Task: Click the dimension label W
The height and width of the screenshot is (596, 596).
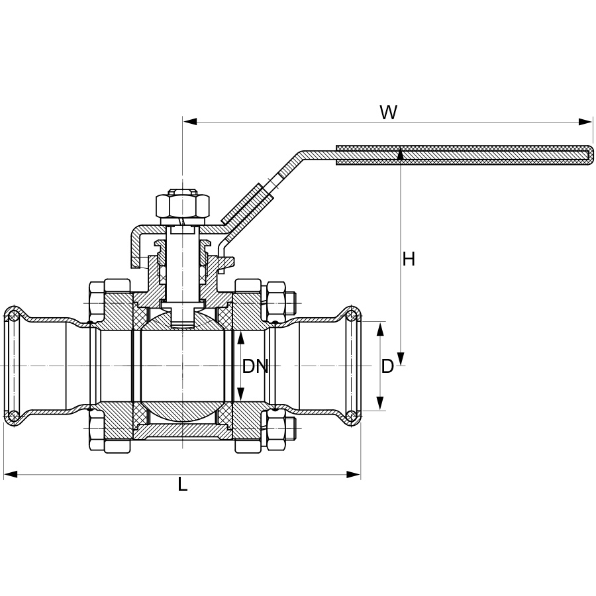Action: coord(389,113)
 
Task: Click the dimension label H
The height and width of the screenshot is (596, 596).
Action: coord(409,259)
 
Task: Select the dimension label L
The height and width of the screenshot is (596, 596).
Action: coord(183,485)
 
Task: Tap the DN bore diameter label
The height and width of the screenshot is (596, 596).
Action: coord(256,366)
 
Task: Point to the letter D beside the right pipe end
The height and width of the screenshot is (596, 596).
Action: coord(387,366)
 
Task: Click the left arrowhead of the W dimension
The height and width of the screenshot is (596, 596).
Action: coord(190,122)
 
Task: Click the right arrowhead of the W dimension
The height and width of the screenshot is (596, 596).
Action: coord(585,122)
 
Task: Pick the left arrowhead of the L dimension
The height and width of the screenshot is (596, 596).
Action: coord(11,474)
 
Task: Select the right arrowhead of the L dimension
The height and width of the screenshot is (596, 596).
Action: coord(354,474)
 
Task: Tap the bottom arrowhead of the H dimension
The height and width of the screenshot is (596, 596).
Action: coord(401,358)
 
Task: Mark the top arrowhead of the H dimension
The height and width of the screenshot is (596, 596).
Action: coord(401,155)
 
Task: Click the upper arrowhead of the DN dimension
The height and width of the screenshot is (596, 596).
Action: coord(240,338)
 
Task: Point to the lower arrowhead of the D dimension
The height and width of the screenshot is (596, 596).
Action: coord(380,403)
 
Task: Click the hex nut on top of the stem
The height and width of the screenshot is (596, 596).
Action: coord(183,205)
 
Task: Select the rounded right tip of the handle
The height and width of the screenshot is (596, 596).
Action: coord(591,155)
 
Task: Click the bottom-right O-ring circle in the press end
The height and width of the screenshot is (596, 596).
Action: coord(352,417)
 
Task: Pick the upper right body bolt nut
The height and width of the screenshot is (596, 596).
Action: coord(276,297)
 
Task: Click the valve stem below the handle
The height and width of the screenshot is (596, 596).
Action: coord(183,266)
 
